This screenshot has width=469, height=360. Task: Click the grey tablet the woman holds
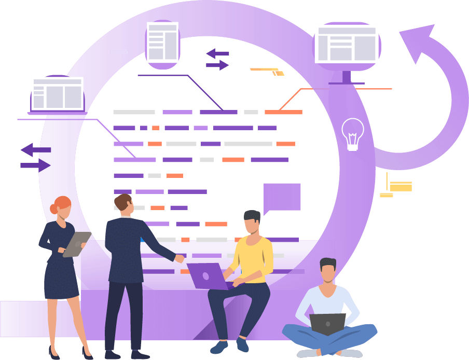pos(77,244)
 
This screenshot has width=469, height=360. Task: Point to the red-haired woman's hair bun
pos(54,209)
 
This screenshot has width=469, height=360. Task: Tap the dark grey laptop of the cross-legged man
pos(327,324)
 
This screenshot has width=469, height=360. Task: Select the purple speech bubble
pos(282,198)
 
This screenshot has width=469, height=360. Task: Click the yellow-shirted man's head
pos(253,222)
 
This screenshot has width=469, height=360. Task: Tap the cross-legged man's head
pos(328,270)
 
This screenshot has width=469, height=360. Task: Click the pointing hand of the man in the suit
pos(179,258)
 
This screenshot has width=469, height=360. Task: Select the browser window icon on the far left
pos(57,94)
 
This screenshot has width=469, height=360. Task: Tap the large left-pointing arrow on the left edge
pos(35,150)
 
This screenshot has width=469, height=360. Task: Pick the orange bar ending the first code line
pos(283,112)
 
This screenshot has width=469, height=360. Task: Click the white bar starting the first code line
pos(134,112)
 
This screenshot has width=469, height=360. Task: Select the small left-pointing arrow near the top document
pos(217,53)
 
